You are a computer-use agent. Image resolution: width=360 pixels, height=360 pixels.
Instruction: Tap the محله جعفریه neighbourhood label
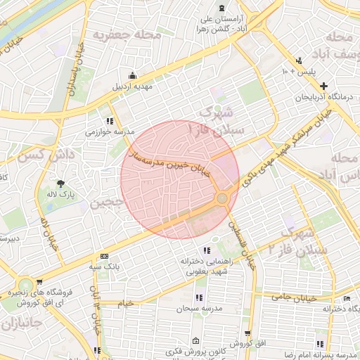tap(132, 34)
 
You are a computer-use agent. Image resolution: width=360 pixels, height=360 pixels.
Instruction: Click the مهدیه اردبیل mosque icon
tap(133, 76)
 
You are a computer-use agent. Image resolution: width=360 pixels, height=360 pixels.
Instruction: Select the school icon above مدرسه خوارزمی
tap(108, 120)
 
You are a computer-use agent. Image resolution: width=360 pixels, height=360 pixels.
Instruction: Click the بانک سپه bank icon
tap(105, 256)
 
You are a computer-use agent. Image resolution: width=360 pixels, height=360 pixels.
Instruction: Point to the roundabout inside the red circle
tap(222, 198)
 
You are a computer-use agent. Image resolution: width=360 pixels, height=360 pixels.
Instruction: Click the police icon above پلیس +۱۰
tap(300, 60)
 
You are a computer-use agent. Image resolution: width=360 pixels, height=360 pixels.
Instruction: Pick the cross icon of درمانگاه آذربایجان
tap(323, 86)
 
